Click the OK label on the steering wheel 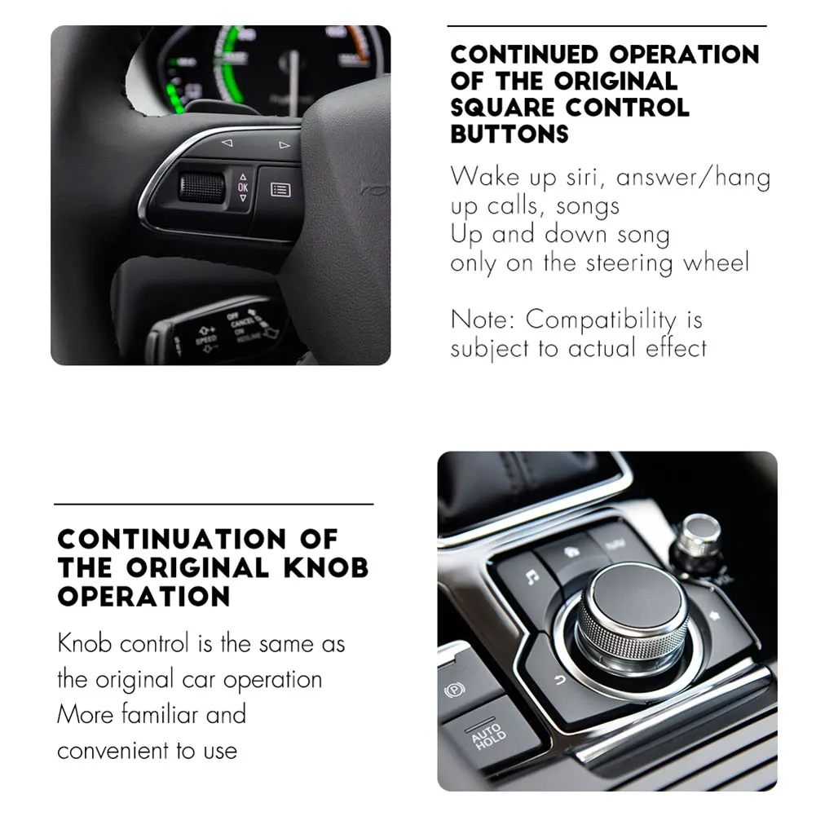click(242, 187)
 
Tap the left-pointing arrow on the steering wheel click(227, 143)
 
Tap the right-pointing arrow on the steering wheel click(284, 146)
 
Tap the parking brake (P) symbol click(452, 689)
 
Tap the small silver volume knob click(699, 532)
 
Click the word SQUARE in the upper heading click(504, 107)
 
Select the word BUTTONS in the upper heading click(509, 133)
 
